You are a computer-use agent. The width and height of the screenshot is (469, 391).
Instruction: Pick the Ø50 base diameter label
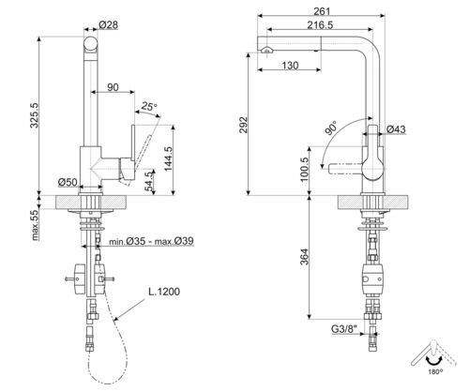tap(67, 180)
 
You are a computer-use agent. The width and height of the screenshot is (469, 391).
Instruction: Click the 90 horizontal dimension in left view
tap(113, 88)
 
